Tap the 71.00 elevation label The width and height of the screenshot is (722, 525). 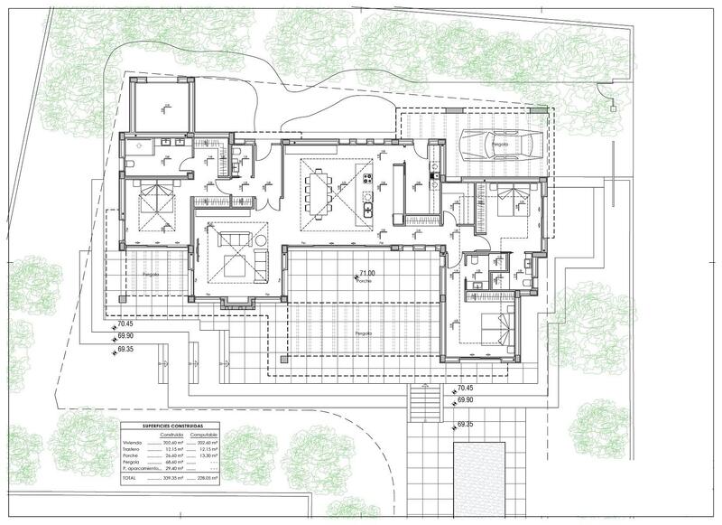pyautogui.click(x=367, y=272)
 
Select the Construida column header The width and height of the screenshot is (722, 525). pyautogui.click(x=175, y=435)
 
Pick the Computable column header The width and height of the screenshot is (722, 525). pyautogui.click(x=215, y=435)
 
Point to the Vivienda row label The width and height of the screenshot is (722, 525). pyautogui.click(x=132, y=443)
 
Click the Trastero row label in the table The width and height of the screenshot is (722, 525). pyautogui.click(x=132, y=450)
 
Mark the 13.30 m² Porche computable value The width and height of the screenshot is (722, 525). pyautogui.click(x=215, y=457)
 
